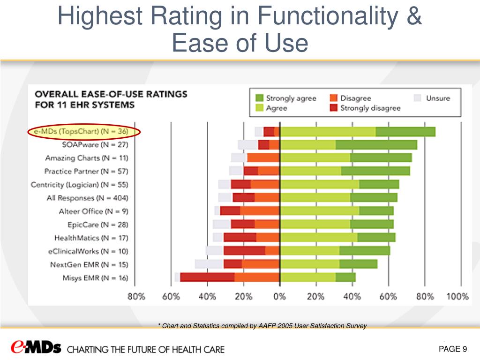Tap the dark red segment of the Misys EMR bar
pyautogui.click(x=207, y=277)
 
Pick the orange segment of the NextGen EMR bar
pyautogui.click(x=261, y=264)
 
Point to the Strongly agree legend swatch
pyautogui.click(x=259, y=98)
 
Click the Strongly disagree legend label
pyautogui.click(x=370, y=108)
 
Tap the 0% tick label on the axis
pyautogui.click(x=279, y=296)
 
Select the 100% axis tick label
pyautogui.click(x=457, y=296)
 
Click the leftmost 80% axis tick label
pyautogui.click(x=136, y=296)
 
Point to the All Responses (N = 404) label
pyautogui.click(x=87, y=198)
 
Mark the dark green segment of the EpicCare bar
pyautogui.click(x=372, y=225)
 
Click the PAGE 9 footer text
pyautogui.click(x=452, y=349)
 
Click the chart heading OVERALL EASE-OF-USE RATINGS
pyautogui.click(x=112, y=94)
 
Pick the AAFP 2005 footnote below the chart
pyautogui.click(x=262, y=326)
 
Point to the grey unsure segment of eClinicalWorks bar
pyautogui.click(x=215, y=251)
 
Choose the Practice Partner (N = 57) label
pyautogui.click(x=86, y=172)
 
